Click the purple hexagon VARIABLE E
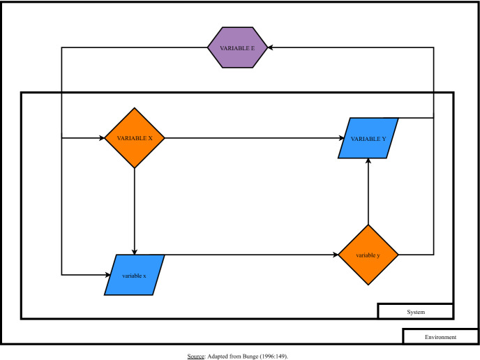(x=237, y=47)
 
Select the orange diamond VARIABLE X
(x=133, y=138)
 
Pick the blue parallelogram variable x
(x=134, y=275)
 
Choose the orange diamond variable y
(x=368, y=255)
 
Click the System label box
(x=415, y=311)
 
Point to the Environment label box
(x=440, y=337)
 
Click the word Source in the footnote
(x=195, y=356)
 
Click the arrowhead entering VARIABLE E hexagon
(x=270, y=47)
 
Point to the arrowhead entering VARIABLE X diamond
(x=101, y=138)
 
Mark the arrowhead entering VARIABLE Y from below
(x=368, y=162)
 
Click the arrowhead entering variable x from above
(x=134, y=251)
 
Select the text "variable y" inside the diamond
(x=368, y=255)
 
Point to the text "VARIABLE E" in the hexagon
(x=237, y=47)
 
